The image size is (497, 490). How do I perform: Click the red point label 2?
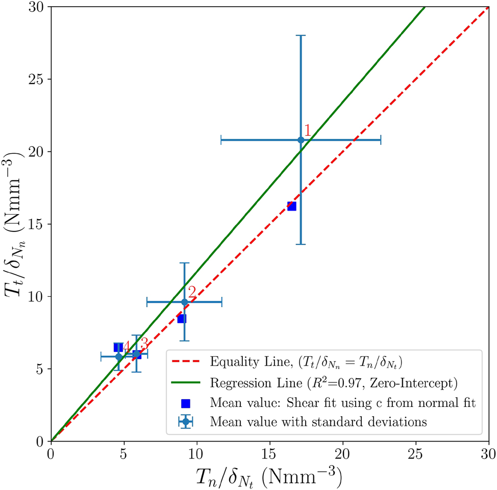[192, 292]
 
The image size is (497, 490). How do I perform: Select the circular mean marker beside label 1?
[301, 140]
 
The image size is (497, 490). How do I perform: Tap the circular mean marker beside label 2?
[185, 302]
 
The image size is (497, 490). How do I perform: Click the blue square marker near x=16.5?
[291, 206]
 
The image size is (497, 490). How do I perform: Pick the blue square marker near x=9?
[181, 319]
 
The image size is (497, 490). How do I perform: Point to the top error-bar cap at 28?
[301, 36]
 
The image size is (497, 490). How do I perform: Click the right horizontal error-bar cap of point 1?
[381, 140]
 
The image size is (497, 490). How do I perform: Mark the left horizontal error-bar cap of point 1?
[221, 140]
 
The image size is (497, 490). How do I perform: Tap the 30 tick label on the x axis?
[488, 453]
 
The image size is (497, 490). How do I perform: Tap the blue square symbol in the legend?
[187, 402]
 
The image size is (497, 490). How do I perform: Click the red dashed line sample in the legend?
[187, 363]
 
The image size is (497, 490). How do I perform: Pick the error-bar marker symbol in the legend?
[187, 422]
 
